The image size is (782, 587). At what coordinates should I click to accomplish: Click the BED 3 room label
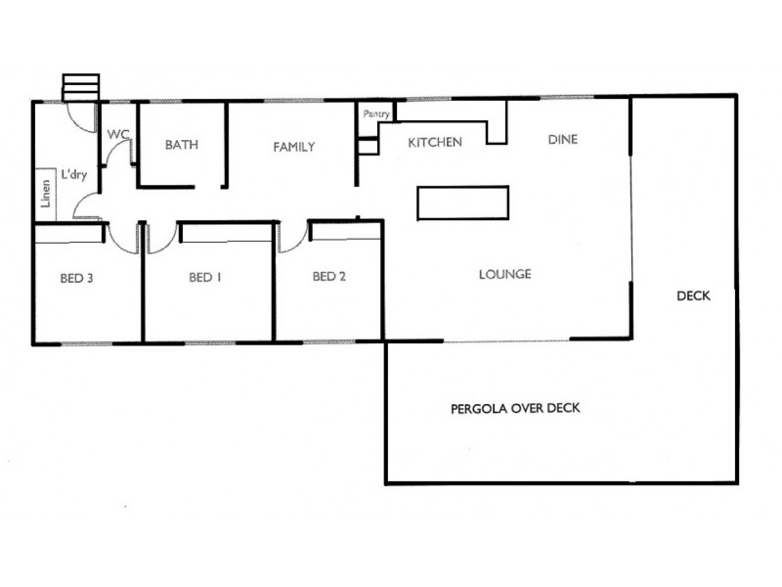76,278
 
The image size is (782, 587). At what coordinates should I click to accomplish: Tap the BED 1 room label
205,278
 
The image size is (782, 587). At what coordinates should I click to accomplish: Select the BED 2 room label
329,277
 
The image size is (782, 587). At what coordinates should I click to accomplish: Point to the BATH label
182,146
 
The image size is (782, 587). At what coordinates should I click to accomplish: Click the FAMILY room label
293,148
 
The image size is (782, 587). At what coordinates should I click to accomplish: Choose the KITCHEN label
435,143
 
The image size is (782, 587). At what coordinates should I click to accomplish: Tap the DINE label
562,140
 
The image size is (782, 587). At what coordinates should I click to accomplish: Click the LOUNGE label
504,275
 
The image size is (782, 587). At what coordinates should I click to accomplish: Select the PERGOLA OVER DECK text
515,408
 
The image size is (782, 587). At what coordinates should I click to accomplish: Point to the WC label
117,134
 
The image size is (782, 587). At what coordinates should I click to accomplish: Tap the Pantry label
376,114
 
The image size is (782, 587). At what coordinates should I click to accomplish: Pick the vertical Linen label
45,194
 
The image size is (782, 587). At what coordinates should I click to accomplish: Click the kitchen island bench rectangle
463,202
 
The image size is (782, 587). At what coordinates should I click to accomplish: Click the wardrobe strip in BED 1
225,233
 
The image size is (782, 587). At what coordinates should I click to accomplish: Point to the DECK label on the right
693,296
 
